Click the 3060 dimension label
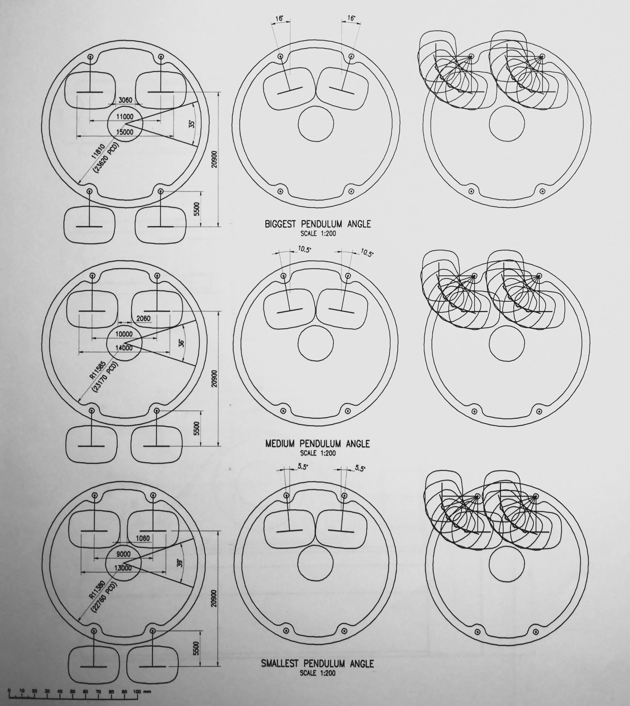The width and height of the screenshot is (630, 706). (x=125, y=100)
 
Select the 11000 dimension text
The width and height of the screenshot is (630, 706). (x=125, y=117)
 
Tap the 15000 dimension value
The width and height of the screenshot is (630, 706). (x=125, y=132)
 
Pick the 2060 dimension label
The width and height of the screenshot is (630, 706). (x=143, y=318)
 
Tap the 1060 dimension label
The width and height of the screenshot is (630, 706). (x=143, y=538)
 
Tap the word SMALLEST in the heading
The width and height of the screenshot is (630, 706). (x=281, y=664)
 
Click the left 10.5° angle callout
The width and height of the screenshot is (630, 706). (x=304, y=249)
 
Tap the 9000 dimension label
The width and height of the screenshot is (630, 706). (x=123, y=554)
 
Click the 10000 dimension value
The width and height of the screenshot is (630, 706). (x=124, y=334)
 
